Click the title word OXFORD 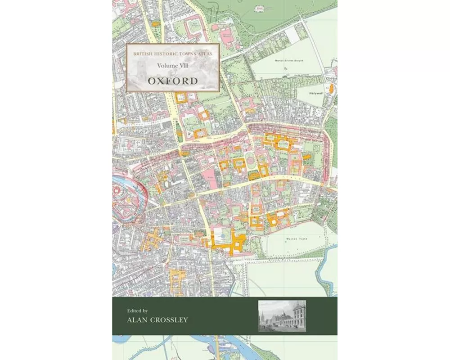pyautogui.click(x=173, y=81)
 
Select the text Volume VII pyautogui.click(x=173, y=66)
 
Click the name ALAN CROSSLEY pyautogui.click(x=152, y=320)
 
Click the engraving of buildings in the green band pyautogui.click(x=282, y=316)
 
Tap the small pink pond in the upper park pyautogui.click(x=260, y=8)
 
